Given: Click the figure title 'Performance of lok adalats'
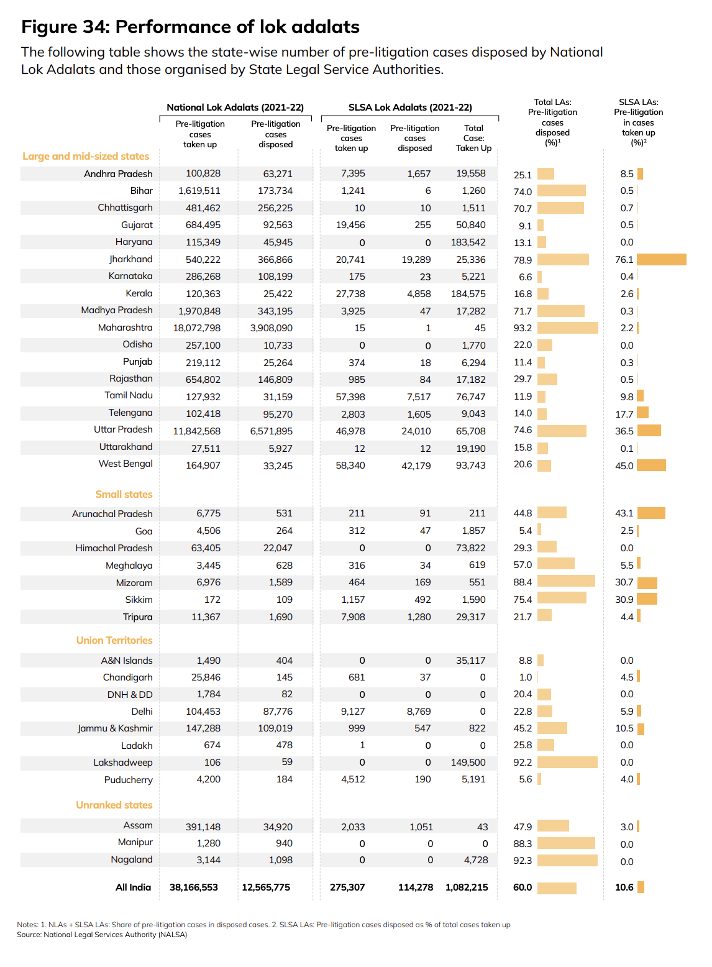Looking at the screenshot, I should coord(237,27).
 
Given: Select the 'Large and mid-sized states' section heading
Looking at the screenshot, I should coord(86,156).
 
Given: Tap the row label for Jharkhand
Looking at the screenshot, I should coord(130,259).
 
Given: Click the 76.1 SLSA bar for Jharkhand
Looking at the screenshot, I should coord(661,260).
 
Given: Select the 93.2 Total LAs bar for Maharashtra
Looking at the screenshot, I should coord(567,328).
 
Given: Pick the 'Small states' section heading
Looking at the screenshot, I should coord(124,494).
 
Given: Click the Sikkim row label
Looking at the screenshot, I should coord(139,600).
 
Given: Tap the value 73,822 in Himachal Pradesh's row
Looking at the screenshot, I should coord(470,548).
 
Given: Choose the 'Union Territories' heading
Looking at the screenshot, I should coord(114,640).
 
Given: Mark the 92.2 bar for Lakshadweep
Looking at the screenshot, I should coord(567,763).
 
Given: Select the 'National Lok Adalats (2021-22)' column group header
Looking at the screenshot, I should coord(235,108).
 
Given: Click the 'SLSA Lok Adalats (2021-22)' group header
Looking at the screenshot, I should coord(410,108).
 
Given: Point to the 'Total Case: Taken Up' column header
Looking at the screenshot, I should coord(473,138).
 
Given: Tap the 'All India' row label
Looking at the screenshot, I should coord(133,887).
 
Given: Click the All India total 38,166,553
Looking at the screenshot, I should coord(194,887).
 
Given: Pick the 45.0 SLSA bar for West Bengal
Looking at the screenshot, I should coord(651,465).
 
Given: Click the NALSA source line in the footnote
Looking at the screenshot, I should coord(102,935).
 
